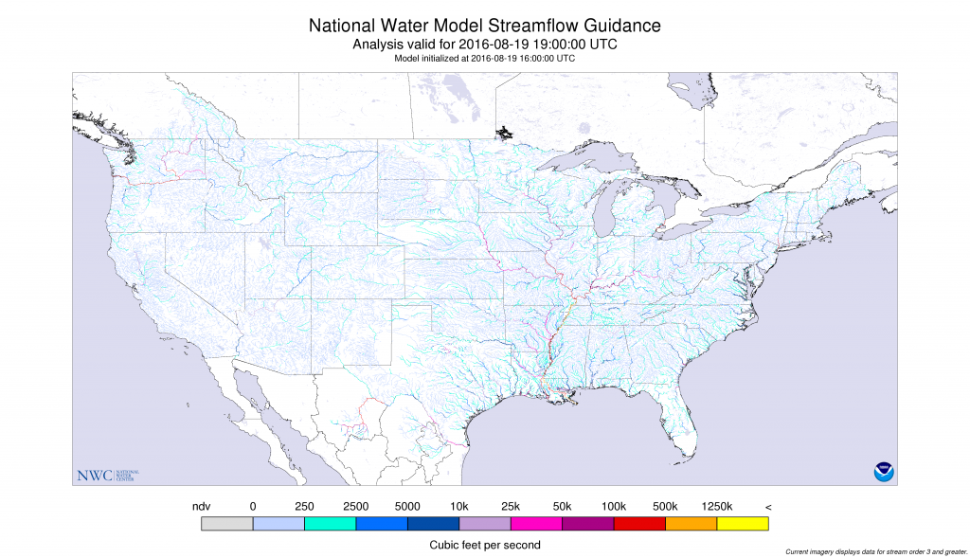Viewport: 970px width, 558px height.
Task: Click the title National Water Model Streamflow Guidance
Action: click(x=485, y=26)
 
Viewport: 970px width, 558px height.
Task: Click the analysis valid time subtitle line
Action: click(x=485, y=45)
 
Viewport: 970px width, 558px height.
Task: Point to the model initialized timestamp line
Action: click(x=485, y=58)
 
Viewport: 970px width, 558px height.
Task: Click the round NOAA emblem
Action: click(x=884, y=471)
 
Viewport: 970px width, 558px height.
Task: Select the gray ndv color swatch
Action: click(x=227, y=522)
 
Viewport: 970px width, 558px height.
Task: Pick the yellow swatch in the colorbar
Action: click(x=743, y=522)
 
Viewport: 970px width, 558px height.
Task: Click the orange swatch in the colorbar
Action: click(x=691, y=522)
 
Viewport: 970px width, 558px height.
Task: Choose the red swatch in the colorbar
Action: click(x=639, y=522)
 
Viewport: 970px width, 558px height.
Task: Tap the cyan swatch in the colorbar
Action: click(x=330, y=522)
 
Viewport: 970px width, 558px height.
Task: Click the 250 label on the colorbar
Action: click(x=304, y=507)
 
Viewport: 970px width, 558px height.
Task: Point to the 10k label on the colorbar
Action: click(x=458, y=507)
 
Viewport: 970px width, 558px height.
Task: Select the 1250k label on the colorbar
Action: click(x=716, y=507)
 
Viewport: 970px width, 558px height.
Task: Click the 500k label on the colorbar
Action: click(x=665, y=507)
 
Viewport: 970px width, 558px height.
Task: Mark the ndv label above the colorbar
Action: click(x=201, y=507)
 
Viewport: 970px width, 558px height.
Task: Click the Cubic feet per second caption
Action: click(x=485, y=545)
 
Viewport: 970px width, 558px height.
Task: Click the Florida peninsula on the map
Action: click(x=684, y=423)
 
